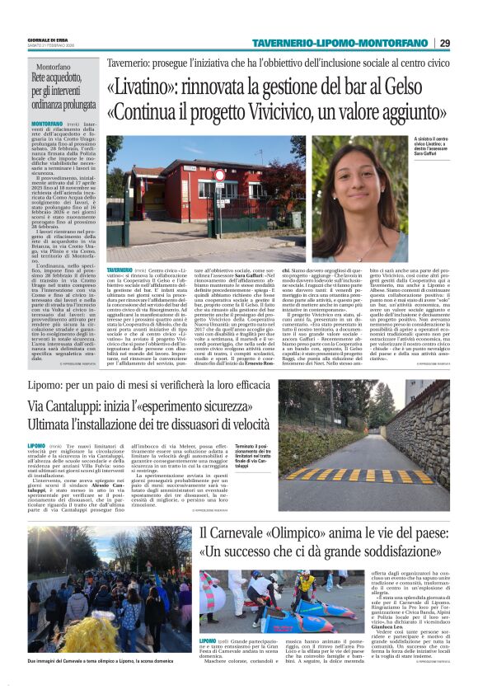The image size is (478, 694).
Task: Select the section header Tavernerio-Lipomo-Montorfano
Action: [x=340, y=43]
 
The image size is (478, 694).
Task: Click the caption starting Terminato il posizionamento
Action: [x=253, y=456]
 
